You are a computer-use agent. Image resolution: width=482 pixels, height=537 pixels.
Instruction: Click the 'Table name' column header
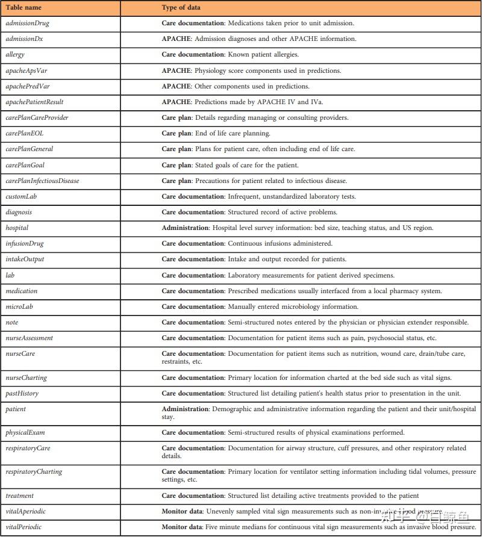point(23,8)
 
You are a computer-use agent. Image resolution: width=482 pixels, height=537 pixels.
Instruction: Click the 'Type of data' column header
point(181,8)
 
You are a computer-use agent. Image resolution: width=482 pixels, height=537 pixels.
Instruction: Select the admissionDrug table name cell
point(27,23)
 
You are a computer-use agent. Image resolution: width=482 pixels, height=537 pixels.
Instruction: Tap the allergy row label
point(15,55)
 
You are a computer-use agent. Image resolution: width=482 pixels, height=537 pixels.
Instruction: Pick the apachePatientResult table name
point(34,102)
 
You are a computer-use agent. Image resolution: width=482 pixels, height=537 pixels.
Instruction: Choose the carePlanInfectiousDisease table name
point(42,181)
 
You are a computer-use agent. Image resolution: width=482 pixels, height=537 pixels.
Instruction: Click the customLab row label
point(21,196)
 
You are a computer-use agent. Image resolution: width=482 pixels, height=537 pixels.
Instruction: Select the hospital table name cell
point(17,228)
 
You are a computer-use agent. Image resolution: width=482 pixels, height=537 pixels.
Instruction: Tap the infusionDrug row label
point(25,244)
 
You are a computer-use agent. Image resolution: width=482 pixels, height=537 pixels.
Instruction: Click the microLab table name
point(19,306)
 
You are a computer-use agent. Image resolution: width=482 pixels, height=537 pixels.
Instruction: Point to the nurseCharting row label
point(26,378)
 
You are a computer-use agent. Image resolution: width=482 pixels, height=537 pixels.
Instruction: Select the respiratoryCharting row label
point(34,472)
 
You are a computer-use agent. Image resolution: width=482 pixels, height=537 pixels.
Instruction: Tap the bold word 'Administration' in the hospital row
point(185,228)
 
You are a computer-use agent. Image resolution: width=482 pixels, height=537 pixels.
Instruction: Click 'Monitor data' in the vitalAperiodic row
point(182,512)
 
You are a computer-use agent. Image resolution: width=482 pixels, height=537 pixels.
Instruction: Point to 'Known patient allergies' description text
point(263,55)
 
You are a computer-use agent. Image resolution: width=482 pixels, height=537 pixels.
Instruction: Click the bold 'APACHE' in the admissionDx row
point(176,39)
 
